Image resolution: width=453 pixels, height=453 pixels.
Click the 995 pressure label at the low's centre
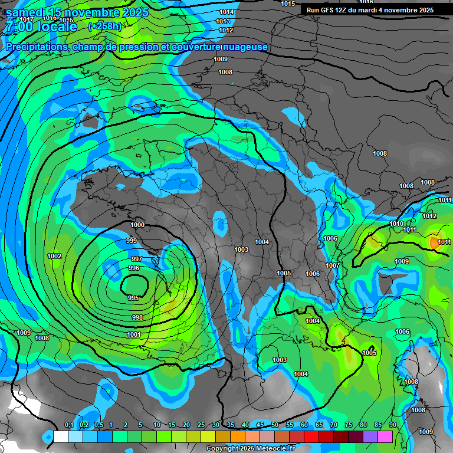[x=133, y=298]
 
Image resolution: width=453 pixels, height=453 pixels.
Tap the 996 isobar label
[x=134, y=268]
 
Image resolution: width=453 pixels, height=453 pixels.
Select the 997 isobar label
[x=136, y=260]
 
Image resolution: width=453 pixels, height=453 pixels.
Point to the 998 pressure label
[x=137, y=317]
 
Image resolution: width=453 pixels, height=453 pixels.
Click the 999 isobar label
[x=132, y=241]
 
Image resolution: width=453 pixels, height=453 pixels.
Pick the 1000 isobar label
[x=137, y=225]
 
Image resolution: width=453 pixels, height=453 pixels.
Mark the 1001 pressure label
[x=134, y=334]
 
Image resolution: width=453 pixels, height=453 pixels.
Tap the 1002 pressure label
[x=54, y=256]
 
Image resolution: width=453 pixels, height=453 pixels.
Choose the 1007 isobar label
[x=333, y=265]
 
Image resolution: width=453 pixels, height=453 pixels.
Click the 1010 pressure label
[x=396, y=224]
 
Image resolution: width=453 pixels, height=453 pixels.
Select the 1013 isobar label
[x=224, y=21]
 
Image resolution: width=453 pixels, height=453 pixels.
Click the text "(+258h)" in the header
[x=104, y=26]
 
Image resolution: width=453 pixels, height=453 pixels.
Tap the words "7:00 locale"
[x=41, y=27]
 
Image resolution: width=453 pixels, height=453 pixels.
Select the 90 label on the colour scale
[x=392, y=425]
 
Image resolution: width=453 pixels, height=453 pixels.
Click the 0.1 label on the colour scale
[x=68, y=425]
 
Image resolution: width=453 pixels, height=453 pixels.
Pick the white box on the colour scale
[x=60, y=436]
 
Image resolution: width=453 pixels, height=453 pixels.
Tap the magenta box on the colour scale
[x=385, y=436]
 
